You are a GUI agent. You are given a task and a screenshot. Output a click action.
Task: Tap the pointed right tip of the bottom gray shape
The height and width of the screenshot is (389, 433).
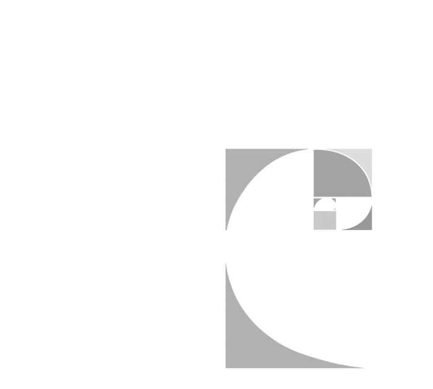coord(362,368)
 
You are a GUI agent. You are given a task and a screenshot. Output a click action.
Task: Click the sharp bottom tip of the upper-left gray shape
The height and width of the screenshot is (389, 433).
coord(226,229)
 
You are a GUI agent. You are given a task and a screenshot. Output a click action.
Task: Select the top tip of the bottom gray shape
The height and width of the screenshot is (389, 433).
coord(226,265)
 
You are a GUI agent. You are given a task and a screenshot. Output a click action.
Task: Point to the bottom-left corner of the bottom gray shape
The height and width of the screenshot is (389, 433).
coord(227,367)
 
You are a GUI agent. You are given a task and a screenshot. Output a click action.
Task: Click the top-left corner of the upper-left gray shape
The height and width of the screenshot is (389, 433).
coord(227,150)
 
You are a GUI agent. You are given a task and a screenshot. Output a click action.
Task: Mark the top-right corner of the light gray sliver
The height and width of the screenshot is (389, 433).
coord(371,150)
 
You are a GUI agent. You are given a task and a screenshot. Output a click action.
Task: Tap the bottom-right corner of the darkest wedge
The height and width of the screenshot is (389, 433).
coord(371,229)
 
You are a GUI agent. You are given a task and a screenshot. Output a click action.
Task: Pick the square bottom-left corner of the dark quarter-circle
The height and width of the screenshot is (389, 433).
coord(315,195)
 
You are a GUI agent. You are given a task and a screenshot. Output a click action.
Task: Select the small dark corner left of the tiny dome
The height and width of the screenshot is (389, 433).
coord(315,200)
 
